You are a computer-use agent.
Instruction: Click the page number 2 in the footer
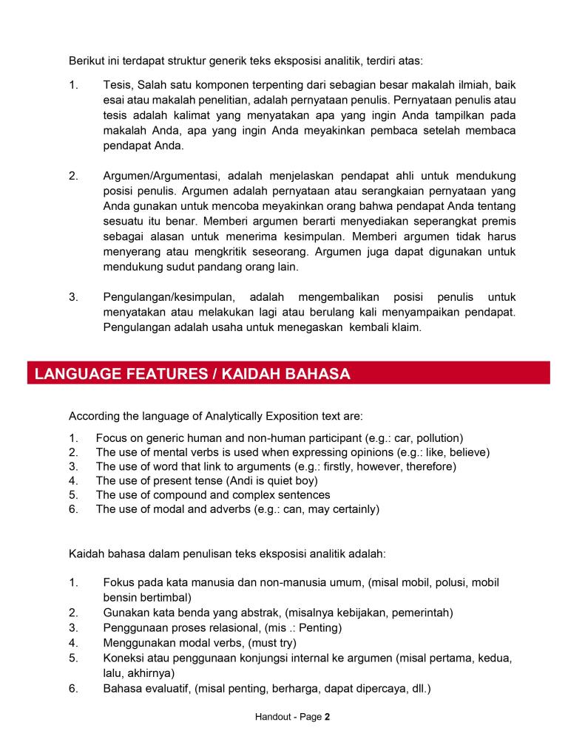click(x=326, y=717)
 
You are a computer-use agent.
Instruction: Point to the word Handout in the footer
click(x=273, y=717)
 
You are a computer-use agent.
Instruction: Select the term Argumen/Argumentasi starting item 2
click(x=162, y=176)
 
